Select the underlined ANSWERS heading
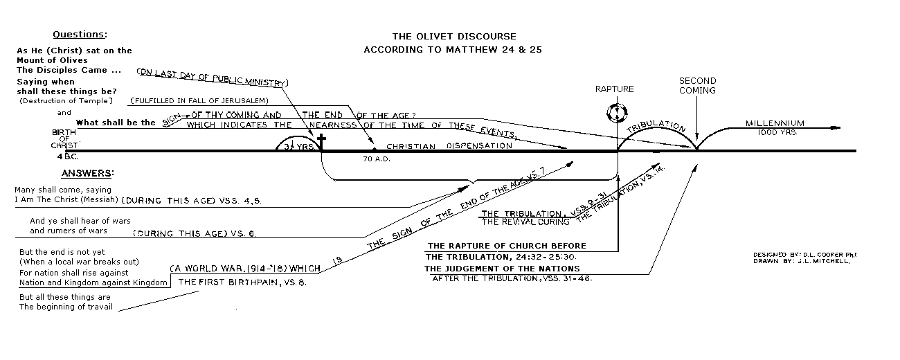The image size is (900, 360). (87, 173)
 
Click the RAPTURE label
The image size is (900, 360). (614, 89)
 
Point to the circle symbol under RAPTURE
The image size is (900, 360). (615, 112)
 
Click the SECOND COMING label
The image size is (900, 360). (696, 85)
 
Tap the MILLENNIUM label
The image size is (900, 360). (775, 123)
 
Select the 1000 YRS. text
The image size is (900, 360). (774, 132)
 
